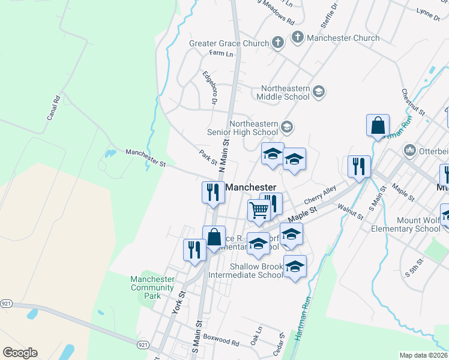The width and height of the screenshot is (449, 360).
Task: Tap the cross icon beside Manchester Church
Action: tap(297, 38)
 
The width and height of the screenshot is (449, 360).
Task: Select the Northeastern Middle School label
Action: tap(283, 92)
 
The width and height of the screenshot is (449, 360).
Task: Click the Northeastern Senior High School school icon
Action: tap(287, 126)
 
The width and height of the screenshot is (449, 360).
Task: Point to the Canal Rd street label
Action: tap(54, 107)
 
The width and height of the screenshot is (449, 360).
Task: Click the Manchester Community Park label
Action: tap(153, 287)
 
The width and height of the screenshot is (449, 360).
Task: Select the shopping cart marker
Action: tap(259, 211)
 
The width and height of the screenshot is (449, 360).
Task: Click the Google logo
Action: tap(20, 353)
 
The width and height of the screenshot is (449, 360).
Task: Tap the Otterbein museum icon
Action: tap(411, 149)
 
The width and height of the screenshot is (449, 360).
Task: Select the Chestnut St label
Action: tap(414, 103)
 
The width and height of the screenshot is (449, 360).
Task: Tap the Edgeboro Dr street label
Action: tap(210, 88)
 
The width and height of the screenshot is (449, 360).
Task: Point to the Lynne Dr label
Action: tap(428, 11)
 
